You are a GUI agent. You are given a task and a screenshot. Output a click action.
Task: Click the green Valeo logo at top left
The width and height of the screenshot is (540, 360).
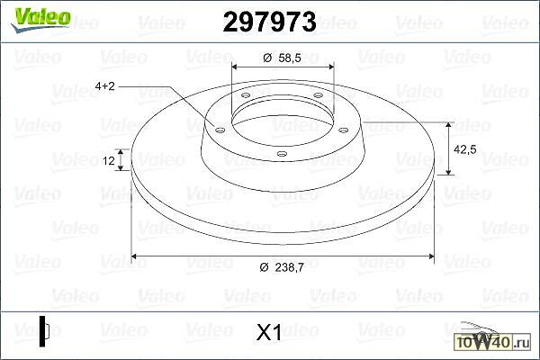coord(40,19)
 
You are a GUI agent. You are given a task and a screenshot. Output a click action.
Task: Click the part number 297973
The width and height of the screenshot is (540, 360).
coord(269,22)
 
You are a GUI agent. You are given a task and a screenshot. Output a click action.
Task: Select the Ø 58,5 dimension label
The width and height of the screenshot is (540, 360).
coord(282,58)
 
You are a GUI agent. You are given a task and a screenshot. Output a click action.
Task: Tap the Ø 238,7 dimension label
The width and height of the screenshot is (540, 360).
coord(282,267)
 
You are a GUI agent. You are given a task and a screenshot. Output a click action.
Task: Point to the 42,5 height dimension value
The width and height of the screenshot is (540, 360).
coord(465,149)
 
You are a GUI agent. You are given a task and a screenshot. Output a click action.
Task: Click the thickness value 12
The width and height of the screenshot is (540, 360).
coord(109,160)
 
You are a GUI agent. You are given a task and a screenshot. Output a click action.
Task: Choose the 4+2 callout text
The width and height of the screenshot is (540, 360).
coord(104,85)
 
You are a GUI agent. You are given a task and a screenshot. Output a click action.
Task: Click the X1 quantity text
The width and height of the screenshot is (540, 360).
coord(269,333)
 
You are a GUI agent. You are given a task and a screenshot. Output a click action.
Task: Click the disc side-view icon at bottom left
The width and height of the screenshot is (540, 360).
coord(44,331)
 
